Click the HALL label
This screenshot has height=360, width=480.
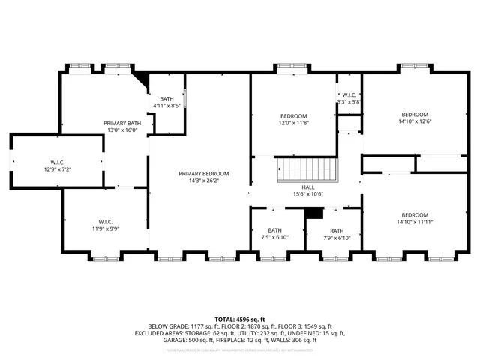[x=308, y=187]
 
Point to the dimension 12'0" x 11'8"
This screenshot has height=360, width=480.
[x=293, y=123]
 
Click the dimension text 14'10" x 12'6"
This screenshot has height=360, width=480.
[x=415, y=121]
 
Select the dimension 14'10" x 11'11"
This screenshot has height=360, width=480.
[x=415, y=222]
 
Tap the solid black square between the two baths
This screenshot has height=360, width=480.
[x=313, y=214]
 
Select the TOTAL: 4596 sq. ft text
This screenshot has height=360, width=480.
[x=239, y=319]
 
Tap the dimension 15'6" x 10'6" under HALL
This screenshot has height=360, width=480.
[x=308, y=195]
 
